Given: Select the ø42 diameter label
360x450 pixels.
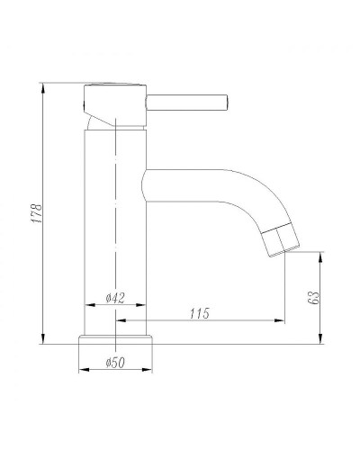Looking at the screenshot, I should (114, 299).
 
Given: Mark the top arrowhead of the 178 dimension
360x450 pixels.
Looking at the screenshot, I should (43, 87).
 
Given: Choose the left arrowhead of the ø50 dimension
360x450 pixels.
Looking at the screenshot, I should (82, 369).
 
